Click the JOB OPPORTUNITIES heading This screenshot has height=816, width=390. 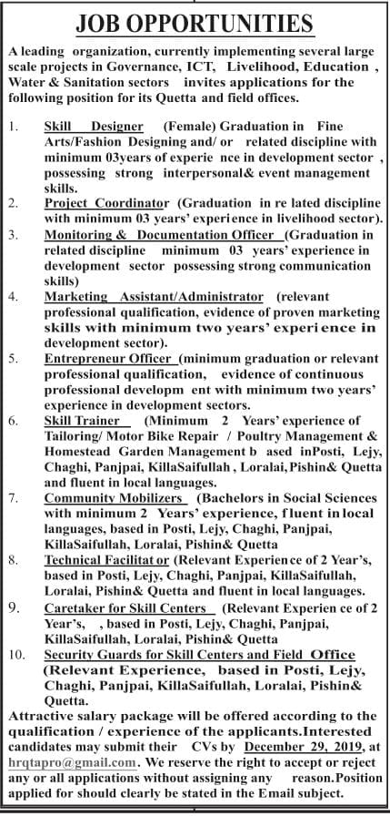(x=194, y=23)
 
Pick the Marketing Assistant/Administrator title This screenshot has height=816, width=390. (x=155, y=297)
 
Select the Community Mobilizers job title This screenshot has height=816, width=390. (x=116, y=498)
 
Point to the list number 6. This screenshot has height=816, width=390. (x=13, y=422)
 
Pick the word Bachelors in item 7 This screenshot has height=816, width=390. (x=233, y=498)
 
